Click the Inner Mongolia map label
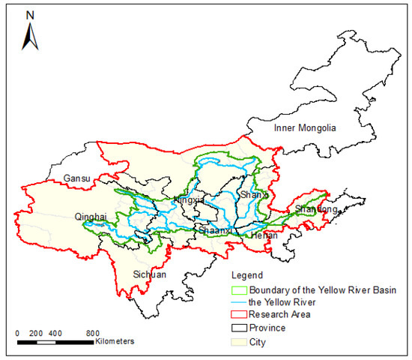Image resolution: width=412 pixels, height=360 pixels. click(x=305, y=128)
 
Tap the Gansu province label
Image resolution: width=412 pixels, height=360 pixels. click(x=77, y=179)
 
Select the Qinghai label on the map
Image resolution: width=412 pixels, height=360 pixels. click(x=91, y=217)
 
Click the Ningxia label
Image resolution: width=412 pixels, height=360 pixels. click(x=188, y=200)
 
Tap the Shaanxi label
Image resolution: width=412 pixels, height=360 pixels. click(x=215, y=231)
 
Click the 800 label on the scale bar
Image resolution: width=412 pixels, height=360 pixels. click(x=93, y=332)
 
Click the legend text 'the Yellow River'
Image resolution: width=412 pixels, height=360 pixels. click(x=279, y=302)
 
